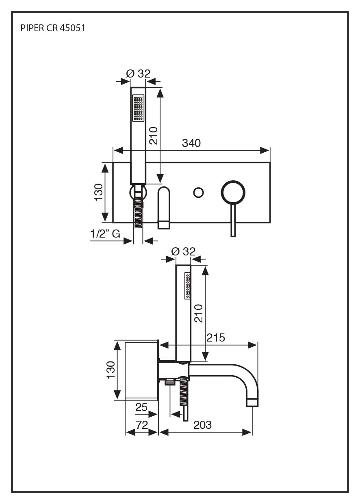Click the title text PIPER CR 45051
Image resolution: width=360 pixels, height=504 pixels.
(52, 28)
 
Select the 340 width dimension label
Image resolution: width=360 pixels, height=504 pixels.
(191, 143)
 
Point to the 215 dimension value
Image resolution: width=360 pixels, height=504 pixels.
(216, 337)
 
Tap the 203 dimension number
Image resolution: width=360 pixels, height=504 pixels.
(202, 425)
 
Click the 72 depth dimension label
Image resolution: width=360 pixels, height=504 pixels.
(142, 425)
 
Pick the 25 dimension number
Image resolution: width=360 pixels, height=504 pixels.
(141, 407)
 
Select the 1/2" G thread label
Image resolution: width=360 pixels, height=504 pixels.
(105, 234)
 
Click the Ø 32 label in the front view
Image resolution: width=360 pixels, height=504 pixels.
(138, 74)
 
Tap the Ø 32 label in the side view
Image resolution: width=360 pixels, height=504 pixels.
(183, 251)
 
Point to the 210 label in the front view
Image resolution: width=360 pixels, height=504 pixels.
(154, 135)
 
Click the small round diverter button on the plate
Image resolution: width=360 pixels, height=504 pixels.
(198, 193)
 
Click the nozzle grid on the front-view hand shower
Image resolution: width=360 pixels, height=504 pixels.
(138, 108)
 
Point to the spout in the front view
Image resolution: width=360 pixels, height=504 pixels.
(163, 207)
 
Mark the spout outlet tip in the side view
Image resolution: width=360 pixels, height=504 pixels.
(252, 402)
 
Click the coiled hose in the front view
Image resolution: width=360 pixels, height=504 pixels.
(139, 213)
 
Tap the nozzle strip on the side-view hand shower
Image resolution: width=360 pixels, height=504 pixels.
(188, 286)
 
